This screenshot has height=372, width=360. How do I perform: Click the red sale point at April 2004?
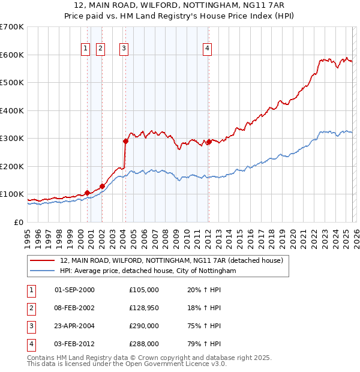click(125, 142)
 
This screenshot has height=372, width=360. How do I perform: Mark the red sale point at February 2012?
click(208, 142)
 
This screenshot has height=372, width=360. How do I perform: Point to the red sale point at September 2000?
click(87, 193)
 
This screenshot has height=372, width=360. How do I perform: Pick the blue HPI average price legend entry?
click(148, 271)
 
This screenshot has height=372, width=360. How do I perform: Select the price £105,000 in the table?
click(144, 290)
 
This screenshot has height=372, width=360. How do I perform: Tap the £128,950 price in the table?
click(144, 308)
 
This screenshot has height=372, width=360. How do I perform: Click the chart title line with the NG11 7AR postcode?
click(180, 5)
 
